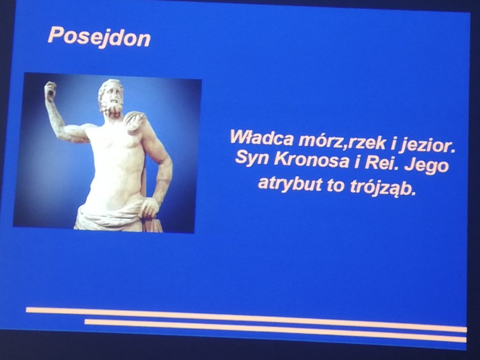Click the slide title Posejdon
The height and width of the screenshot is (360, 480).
pyautogui.click(x=99, y=37)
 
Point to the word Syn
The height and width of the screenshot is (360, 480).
pyautogui.click(x=251, y=157)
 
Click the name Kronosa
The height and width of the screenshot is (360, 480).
pyautogui.click(x=311, y=160)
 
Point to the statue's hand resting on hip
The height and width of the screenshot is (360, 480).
pyautogui.click(x=150, y=208)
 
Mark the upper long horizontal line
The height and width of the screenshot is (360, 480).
pyautogui.click(x=247, y=320)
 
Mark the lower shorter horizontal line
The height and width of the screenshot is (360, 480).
pyautogui.click(x=275, y=330)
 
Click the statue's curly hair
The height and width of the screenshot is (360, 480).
pyautogui.click(x=110, y=87)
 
